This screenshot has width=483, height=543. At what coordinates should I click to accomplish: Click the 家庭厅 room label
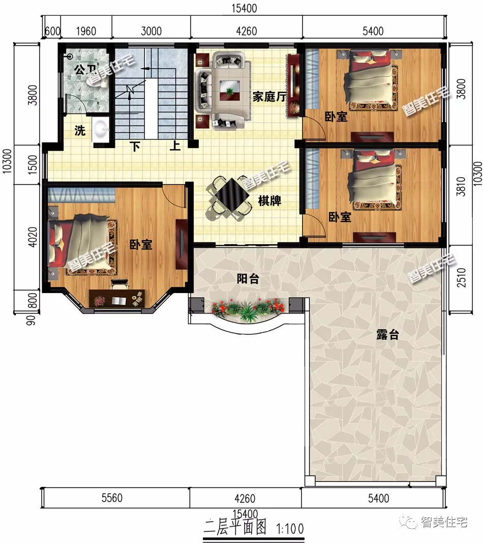pos(269,96)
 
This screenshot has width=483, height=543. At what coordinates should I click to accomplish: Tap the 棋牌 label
pos(269,201)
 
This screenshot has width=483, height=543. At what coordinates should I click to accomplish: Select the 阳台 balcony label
pos(248,279)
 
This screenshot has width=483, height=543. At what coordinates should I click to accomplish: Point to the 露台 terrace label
pos(387,334)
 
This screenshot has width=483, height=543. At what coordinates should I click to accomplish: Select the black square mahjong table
pos(232,195)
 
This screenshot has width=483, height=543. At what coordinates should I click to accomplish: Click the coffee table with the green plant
pos(229,91)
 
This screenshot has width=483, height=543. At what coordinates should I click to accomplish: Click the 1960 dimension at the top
pos(86,31)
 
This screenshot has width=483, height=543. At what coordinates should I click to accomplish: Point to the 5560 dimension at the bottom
pos(112,498)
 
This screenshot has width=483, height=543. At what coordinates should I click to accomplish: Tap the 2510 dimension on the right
pos(461,277)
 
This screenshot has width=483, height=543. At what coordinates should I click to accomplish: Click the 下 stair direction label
pos(135,147)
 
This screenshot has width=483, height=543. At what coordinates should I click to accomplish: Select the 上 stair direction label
pos(175,145)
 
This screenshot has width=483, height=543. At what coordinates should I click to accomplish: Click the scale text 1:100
pos(290,529)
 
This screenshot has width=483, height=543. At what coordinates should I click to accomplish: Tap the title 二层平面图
pos(235,527)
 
